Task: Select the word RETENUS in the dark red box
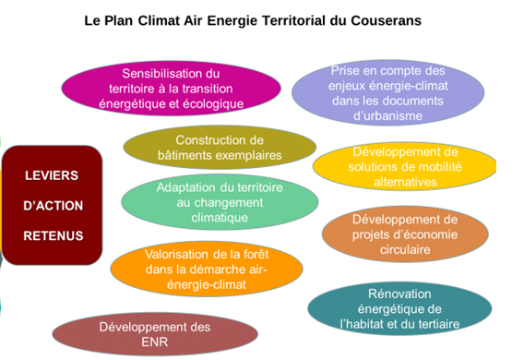(x=52, y=235)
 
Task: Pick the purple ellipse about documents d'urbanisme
(x=387, y=92)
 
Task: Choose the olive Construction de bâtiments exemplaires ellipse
(x=216, y=147)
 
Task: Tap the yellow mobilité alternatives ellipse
(x=406, y=166)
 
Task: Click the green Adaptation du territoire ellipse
(x=214, y=202)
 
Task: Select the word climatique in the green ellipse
(x=214, y=218)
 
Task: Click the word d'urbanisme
(x=387, y=116)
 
